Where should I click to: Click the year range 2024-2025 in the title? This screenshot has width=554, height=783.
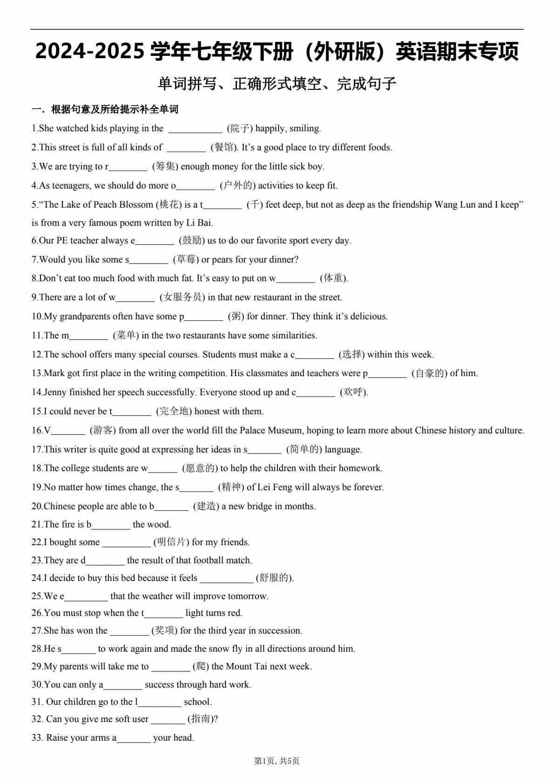89,52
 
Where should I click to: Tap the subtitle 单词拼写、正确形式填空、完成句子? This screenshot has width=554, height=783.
277,84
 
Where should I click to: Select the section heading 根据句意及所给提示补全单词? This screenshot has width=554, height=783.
115,109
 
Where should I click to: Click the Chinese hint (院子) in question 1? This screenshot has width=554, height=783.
240,128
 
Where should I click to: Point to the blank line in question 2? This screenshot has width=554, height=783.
186,148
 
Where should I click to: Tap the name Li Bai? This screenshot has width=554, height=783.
199,223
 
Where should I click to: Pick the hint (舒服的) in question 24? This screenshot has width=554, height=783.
275,578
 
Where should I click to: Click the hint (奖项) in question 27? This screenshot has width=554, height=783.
164,631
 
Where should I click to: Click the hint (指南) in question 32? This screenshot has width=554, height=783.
203,719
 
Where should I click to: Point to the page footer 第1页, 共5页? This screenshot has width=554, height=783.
277,761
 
